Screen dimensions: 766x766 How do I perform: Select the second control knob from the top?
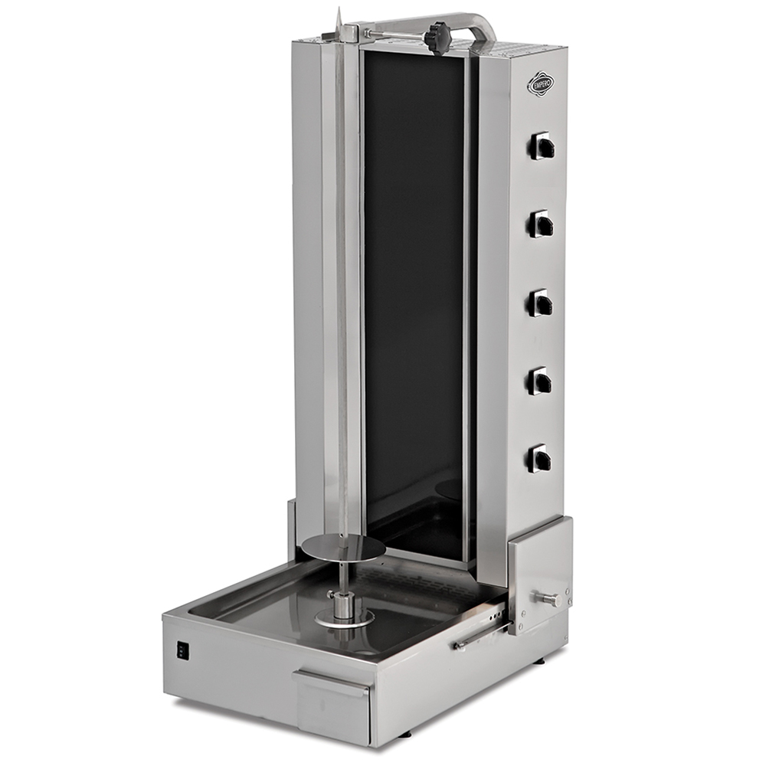click(542, 224)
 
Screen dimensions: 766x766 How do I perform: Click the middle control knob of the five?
click(541, 303)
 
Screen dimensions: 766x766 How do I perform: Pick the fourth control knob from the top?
click(541, 381)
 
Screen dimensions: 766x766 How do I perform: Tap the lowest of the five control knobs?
click(541, 458)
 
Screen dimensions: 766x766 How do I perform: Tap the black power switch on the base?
click(182, 650)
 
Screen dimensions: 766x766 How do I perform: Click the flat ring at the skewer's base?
click(342, 617)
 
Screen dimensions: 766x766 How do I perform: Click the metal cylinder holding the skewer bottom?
click(342, 602)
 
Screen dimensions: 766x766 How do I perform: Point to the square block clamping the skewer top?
click(349, 33)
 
